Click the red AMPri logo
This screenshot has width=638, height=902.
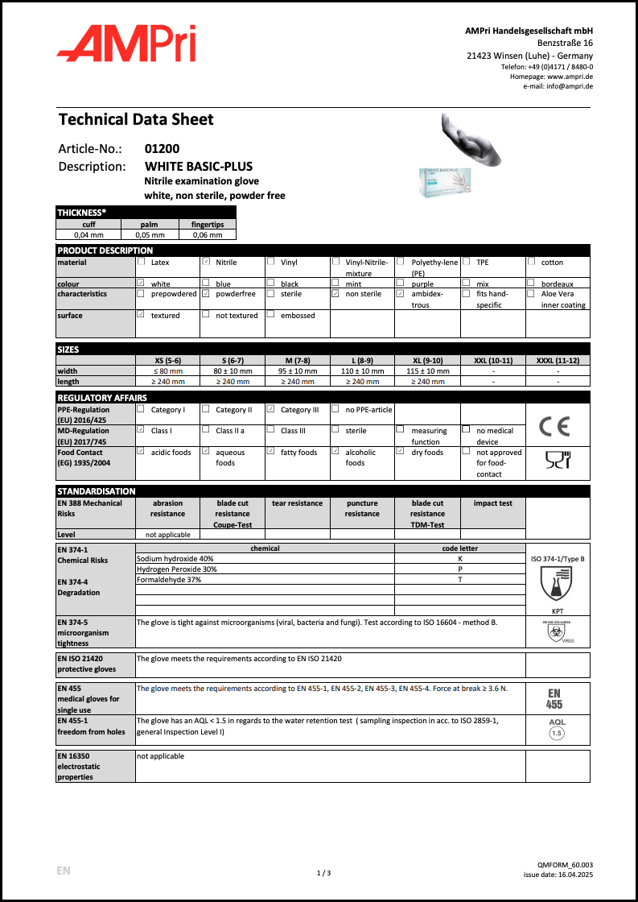coord(126,43)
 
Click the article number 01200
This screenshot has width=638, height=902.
coord(162,149)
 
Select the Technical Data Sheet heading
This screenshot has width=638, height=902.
coord(136,120)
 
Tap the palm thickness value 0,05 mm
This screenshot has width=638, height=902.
coord(153,234)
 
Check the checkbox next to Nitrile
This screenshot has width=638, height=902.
coord(206,262)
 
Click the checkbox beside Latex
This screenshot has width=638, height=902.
coord(141,262)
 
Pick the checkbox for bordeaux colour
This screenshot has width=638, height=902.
coord(531,283)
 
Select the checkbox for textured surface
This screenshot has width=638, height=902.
coord(141,314)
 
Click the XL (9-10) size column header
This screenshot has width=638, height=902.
coord(427,360)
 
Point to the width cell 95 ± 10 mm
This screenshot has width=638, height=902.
coord(298,370)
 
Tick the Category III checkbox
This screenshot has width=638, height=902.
coord(271,409)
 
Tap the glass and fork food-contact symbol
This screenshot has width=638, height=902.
coord(557,460)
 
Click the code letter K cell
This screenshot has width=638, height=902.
coord(459,558)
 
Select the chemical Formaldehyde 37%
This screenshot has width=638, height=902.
coord(169,580)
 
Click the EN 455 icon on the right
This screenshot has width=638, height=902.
coord(555,698)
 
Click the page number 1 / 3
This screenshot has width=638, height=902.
coord(324,872)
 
